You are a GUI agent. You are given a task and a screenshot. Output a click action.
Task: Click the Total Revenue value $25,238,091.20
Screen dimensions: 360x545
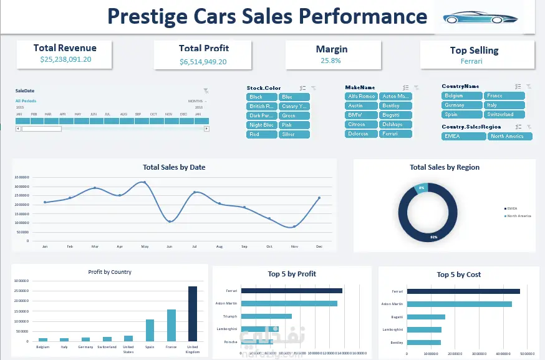pos(65,59)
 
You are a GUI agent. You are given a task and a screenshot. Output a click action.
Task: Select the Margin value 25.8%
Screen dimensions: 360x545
pos(331,61)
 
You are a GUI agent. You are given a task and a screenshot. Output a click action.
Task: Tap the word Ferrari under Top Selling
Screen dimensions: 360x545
pos(471,61)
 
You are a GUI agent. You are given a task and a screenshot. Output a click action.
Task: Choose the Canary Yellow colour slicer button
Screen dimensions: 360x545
pos(294,106)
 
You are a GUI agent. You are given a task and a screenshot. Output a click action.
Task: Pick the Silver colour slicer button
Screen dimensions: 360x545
pos(294,134)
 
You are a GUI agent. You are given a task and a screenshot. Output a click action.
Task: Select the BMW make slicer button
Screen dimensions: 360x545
pos(360,115)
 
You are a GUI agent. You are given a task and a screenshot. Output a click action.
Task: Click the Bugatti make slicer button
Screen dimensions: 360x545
pos(395,115)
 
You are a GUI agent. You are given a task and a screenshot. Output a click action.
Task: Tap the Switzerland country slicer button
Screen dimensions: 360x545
pos(503,114)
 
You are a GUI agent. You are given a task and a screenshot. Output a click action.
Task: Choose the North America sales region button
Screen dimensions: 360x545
pos(510,136)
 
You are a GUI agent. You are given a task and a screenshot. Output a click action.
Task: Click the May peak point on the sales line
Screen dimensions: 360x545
pos(145,182)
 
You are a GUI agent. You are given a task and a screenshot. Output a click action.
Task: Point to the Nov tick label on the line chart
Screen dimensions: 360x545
pos(294,246)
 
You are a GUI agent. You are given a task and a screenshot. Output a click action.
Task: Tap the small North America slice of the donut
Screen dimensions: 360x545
pos(422,187)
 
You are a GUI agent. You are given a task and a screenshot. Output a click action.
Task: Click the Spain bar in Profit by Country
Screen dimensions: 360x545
pos(150,330)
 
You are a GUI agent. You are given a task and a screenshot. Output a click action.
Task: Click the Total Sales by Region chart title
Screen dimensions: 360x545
pos(445,167)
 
